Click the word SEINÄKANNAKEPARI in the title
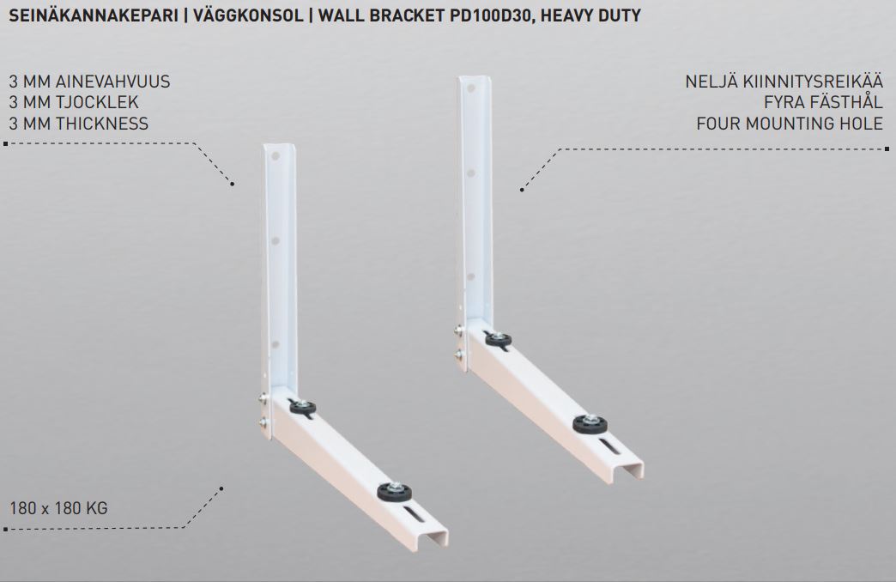[x=94, y=15]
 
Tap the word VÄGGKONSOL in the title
[x=248, y=15]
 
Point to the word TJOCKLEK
[x=97, y=102]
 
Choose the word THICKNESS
[x=102, y=124]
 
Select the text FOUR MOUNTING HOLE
[x=790, y=124]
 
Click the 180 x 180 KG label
[x=58, y=507]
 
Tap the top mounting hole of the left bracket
[x=275, y=155]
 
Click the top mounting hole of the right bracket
[x=471, y=88]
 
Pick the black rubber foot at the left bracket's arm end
[x=394, y=492]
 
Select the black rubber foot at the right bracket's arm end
[x=590, y=424]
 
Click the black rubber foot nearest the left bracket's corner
[x=302, y=407]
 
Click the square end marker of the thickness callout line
[x=6, y=143]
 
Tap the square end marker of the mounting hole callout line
[x=887, y=149]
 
